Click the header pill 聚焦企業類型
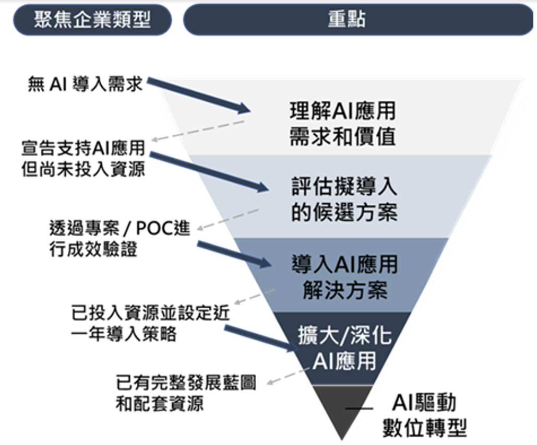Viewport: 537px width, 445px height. click(92, 20)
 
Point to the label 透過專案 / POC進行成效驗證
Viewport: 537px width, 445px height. click(119, 238)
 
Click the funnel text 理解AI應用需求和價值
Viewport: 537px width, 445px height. click(342, 124)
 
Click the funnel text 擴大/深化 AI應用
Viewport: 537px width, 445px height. click(344, 348)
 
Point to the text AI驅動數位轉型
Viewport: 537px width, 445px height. click(424, 415)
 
